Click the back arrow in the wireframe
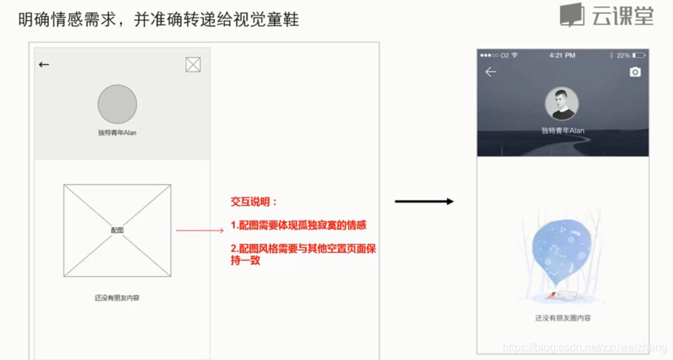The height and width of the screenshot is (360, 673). (44, 65)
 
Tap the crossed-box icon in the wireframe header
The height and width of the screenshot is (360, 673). (193, 65)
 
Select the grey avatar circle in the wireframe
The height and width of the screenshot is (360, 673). (117, 104)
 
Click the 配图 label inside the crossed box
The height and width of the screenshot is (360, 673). (117, 230)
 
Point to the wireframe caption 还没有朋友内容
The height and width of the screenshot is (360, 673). (117, 298)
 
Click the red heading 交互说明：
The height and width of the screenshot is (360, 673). (254, 202)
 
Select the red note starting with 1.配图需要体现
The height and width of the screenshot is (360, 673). (299, 226)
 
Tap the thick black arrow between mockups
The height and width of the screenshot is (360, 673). (424, 201)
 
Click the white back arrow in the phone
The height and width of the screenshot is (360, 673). (490, 72)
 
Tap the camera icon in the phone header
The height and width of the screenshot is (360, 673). (635, 72)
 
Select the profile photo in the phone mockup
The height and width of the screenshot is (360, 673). (562, 104)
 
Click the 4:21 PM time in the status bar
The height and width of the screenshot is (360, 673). (562, 55)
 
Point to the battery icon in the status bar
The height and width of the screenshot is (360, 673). (639, 55)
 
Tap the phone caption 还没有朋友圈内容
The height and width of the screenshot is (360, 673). (563, 318)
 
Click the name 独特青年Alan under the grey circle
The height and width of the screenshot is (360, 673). (117, 132)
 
